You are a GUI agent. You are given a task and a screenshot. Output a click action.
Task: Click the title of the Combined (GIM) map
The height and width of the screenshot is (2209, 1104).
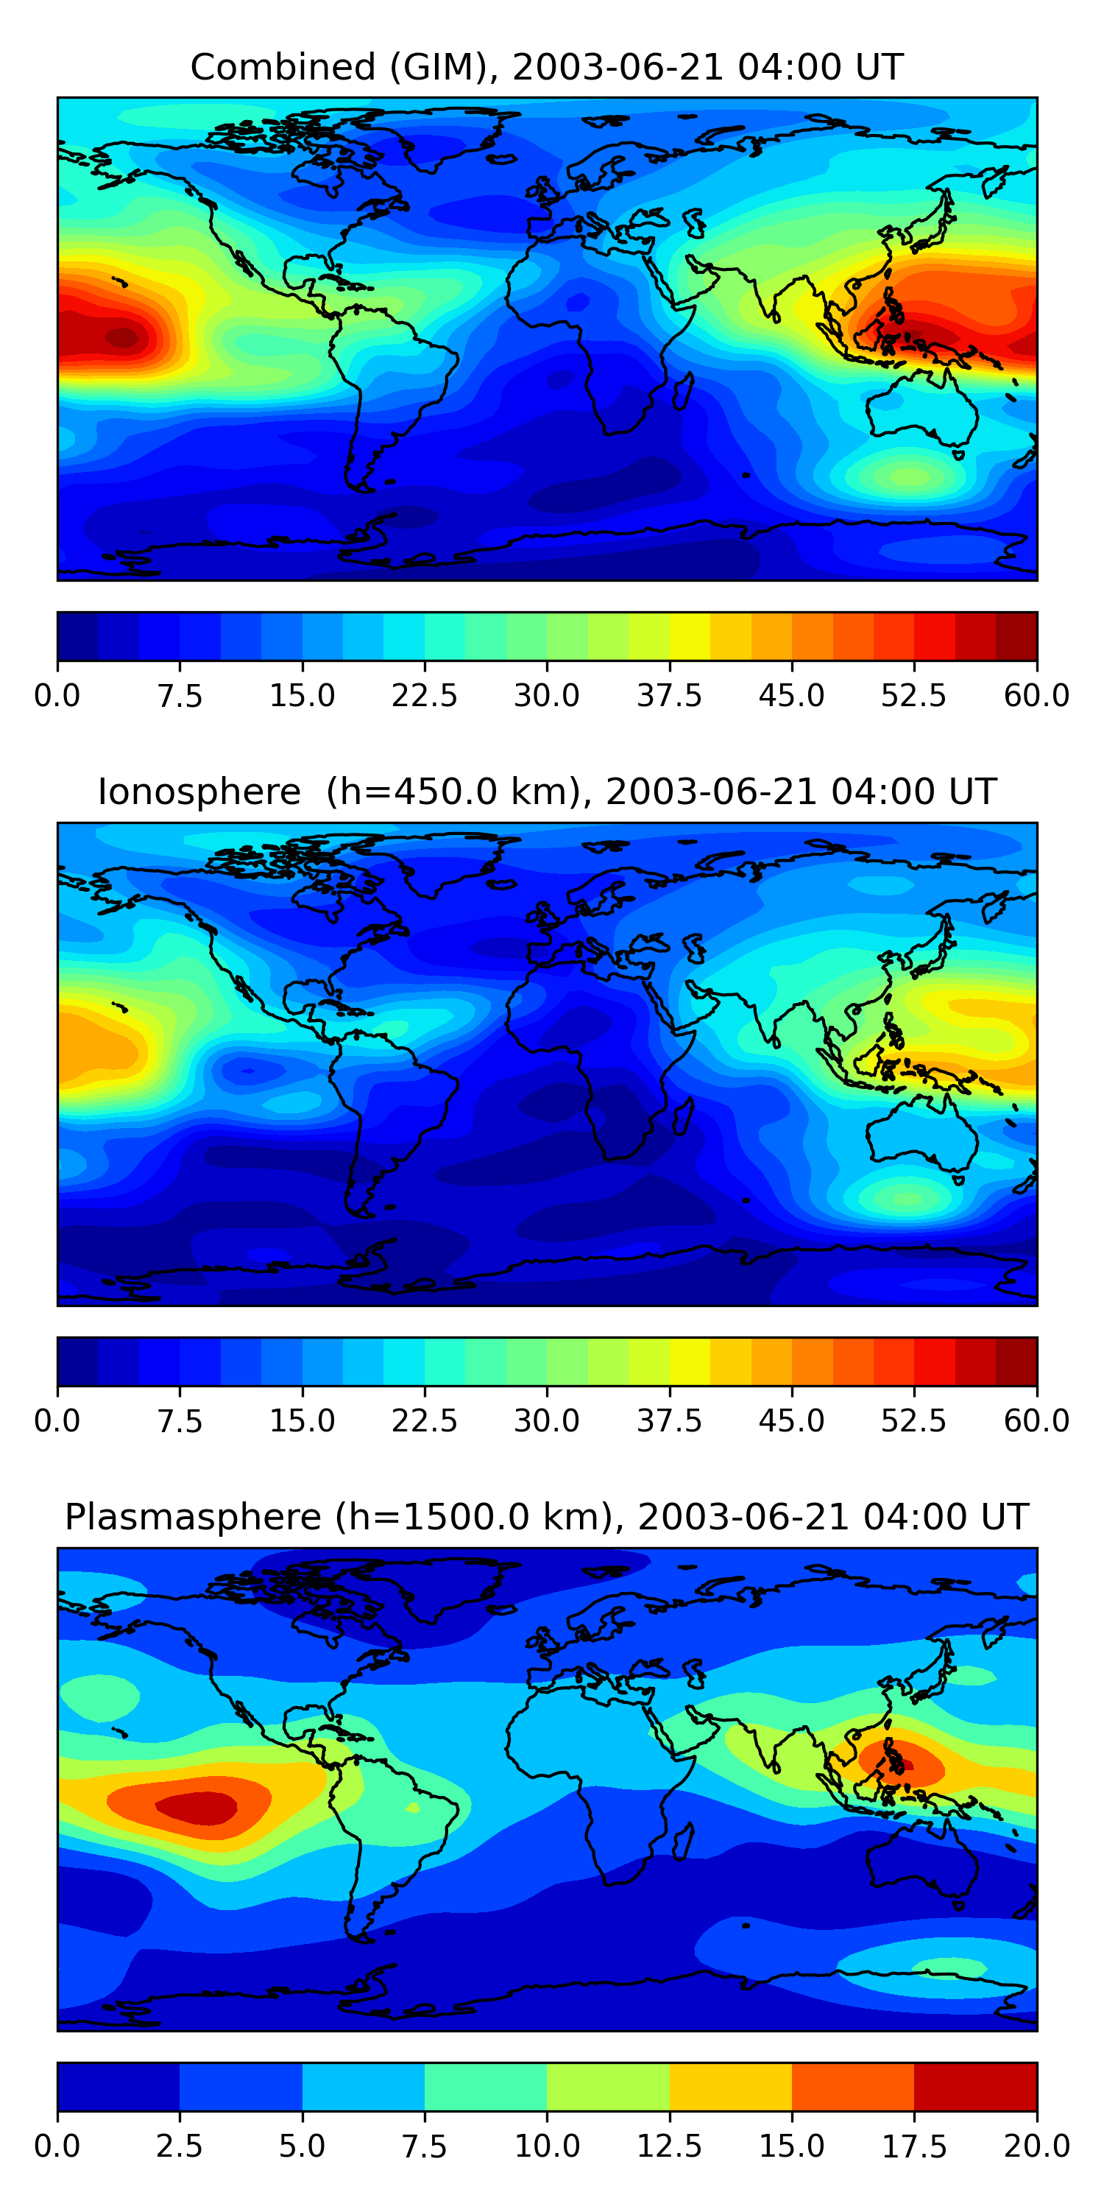[547, 67]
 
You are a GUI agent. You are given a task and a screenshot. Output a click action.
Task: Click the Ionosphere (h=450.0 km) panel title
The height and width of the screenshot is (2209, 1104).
[547, 792]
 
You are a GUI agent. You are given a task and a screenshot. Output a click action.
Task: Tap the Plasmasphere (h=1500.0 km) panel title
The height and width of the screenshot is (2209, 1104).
[547, 1517]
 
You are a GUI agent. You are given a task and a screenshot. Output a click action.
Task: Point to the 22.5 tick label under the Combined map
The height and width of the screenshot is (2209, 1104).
[424, 695]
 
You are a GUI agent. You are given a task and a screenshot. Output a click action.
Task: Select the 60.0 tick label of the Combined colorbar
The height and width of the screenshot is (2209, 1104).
[1036, 695]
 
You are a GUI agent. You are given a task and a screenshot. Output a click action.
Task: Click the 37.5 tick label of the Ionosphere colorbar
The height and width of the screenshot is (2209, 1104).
[668, 1421]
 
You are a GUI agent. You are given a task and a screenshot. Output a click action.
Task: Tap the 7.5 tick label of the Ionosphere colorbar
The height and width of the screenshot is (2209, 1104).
[179, 1421]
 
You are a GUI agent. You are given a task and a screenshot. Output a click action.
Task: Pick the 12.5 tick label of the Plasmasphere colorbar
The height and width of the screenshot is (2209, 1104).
[668, 2146]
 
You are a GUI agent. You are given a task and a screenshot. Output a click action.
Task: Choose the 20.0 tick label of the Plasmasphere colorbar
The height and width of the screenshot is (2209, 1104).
[1036, 2146]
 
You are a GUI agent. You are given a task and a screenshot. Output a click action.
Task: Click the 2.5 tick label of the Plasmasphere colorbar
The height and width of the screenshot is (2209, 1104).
[179, 2146]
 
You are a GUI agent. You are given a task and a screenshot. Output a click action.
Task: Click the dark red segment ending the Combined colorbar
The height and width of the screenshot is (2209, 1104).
[1016, 636]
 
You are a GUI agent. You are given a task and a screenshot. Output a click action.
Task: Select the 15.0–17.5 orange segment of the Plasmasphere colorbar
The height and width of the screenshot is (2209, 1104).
[853, 2086]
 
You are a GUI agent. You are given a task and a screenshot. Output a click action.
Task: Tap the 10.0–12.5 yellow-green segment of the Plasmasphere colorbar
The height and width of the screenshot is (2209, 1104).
[608, 2086]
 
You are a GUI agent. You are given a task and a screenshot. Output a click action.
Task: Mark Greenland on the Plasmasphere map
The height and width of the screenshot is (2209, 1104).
[446, 1587]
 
